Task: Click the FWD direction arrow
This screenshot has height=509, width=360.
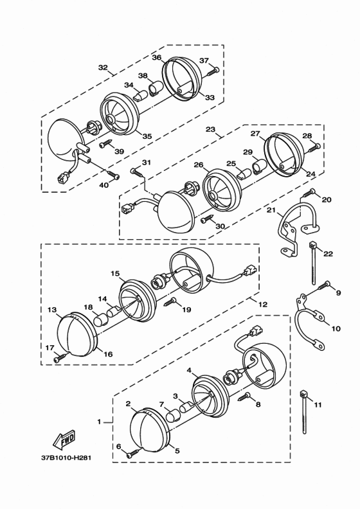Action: [x=64, y=439]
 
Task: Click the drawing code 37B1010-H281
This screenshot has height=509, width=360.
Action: [x=66, y=458]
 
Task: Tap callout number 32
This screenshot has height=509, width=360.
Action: [x=103, y=67]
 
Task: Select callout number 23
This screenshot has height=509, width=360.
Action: [x=211, y=129]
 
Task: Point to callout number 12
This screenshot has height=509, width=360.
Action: [x=263, y=305]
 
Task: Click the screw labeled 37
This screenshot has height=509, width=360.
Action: [x=212, y=71]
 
